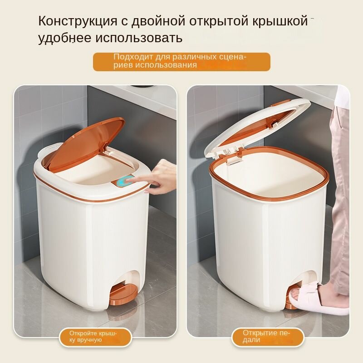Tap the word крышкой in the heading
click(280, 21)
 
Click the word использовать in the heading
click(139, 38)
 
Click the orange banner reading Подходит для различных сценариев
click(181, 62)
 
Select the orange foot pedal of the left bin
click(123, 294)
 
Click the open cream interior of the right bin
click(269, 176)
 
